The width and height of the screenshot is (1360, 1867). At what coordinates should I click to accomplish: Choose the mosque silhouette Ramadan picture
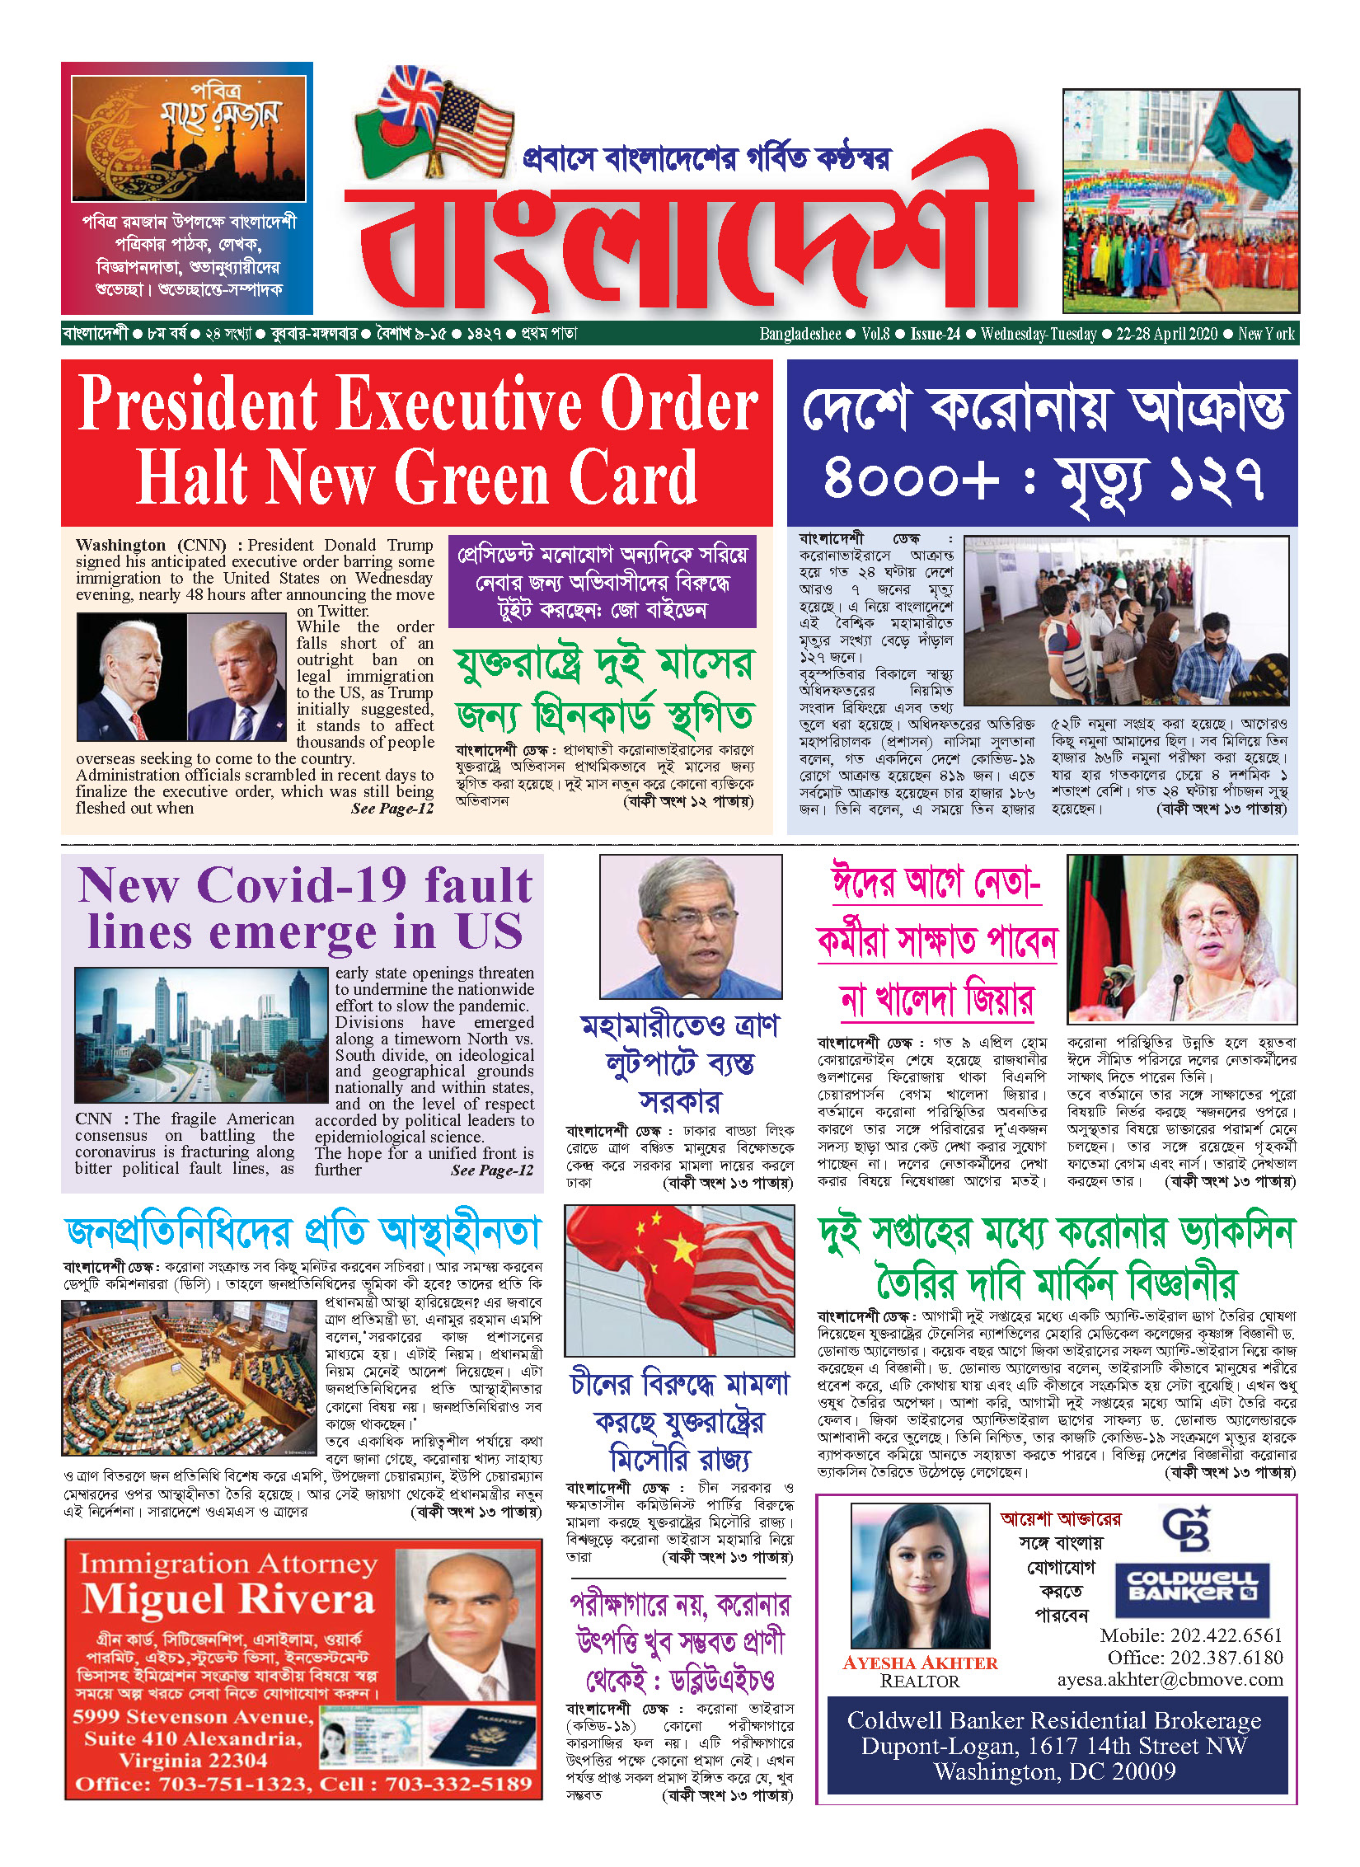coord(189,138)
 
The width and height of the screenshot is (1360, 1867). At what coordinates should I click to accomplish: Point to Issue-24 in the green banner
coord(935,334)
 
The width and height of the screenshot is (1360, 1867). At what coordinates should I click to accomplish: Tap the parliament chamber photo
coord(189,1378)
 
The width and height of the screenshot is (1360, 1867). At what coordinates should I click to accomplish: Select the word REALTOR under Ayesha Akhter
coord(920,1682)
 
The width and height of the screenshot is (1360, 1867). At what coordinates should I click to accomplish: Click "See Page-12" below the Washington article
coord(392,809)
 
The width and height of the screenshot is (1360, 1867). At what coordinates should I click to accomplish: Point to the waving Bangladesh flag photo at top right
coord(1180,201)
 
